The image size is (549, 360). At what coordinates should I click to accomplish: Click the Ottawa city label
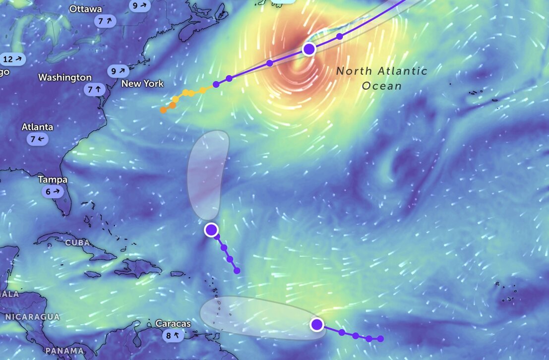tap(86, 9)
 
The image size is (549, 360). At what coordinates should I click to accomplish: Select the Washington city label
tap(65, 77)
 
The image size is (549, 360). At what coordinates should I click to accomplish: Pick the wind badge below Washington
tap(94, 90)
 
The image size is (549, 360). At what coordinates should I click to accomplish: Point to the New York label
tap(142, 83)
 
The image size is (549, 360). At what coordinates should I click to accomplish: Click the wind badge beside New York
tap(119, 71)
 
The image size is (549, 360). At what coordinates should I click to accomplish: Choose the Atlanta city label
tap(37, 127)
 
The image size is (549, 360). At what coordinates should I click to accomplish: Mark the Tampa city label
tap(53, 180)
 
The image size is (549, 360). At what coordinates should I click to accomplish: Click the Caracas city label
tap(173, 323)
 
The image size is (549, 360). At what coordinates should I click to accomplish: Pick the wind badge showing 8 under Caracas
tap(173, 336)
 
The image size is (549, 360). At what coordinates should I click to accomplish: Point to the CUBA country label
tap(77, 243)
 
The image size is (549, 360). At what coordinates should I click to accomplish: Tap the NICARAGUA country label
tap(32, 316)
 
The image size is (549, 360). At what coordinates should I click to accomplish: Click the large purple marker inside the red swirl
tap(309, 49)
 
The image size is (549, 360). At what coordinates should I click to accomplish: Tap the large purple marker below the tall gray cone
tap(211, 230)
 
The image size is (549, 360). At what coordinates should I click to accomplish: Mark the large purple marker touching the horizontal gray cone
tap(317, 325)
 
